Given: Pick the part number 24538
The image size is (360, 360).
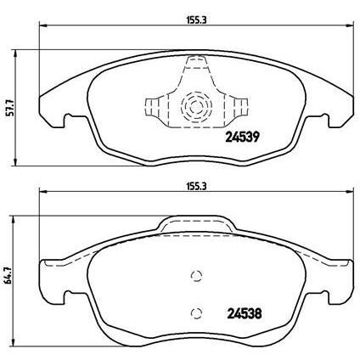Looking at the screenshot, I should [x=240, y=311].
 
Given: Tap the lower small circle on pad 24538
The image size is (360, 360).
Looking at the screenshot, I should [x=196, y=310].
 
